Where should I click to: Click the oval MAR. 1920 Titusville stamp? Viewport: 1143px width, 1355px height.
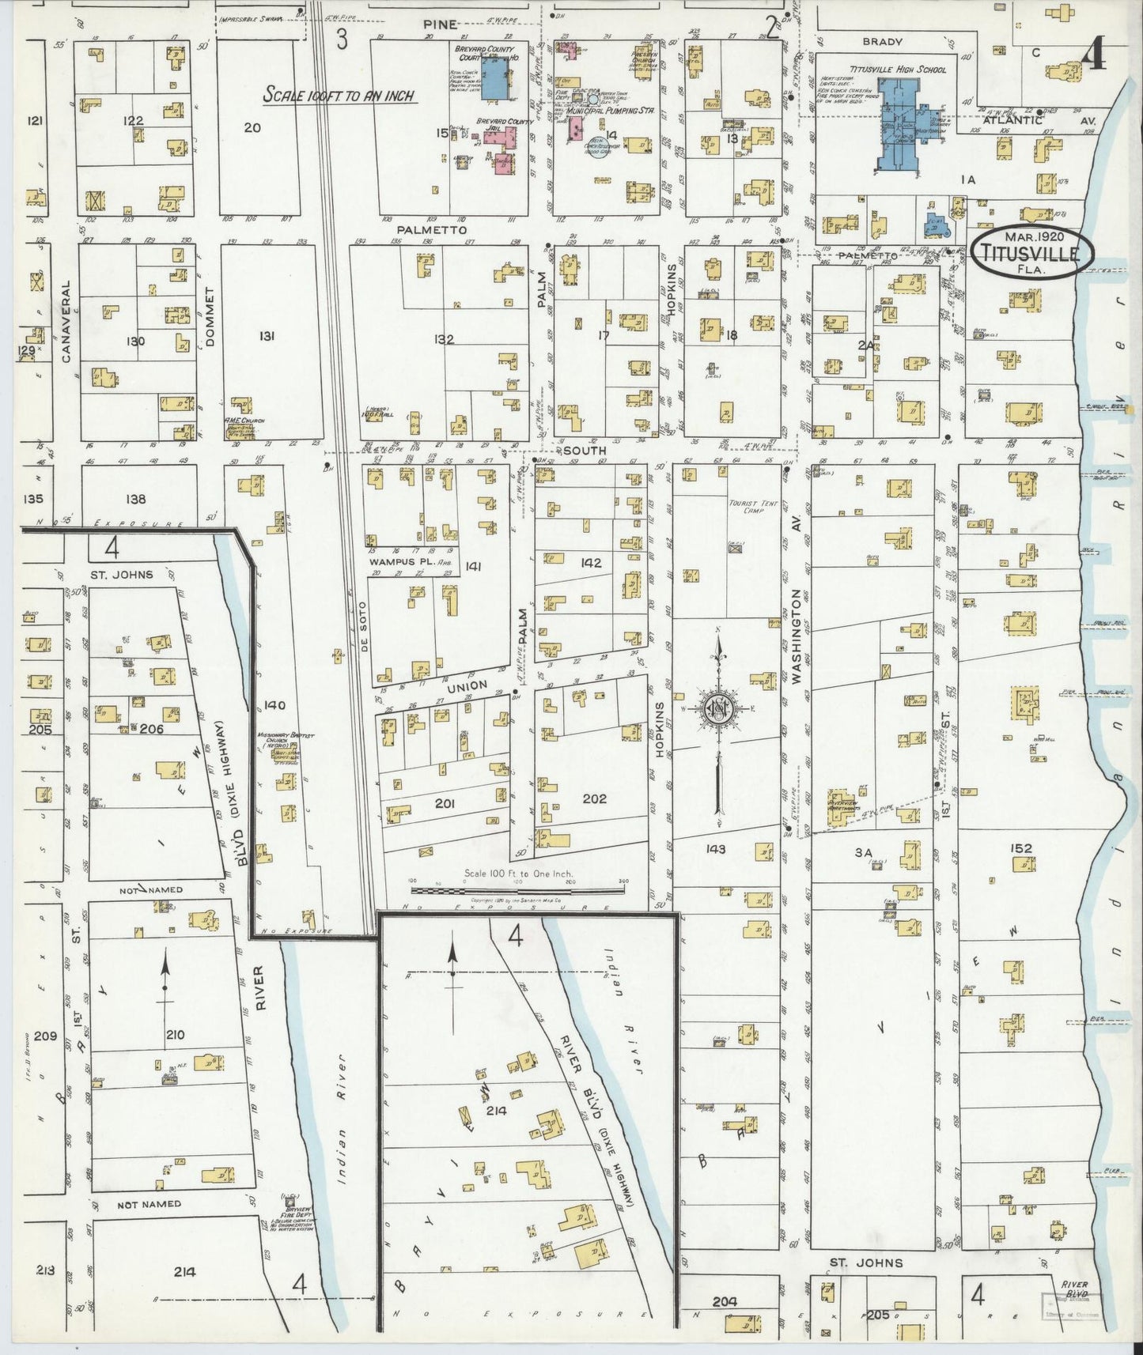(1032, 252)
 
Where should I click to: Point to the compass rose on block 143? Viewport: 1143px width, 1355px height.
(718, 706)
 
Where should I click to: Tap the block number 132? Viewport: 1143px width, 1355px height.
(443, 340)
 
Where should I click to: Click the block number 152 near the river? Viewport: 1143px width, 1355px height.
(1021, 848)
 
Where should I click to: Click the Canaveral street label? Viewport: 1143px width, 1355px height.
(66, 322)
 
